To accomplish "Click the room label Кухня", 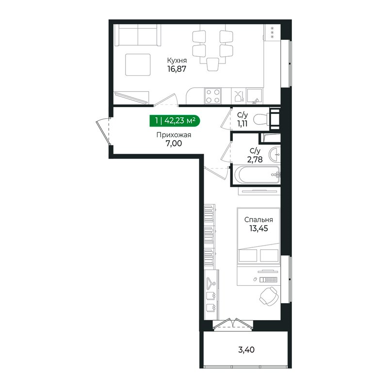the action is [177, 60].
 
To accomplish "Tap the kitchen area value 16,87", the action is [177, 69].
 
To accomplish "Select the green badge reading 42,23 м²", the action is [175, 121].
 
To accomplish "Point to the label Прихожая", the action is [174, 135].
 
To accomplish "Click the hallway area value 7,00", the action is [174, 143].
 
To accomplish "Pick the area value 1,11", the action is [242, 124].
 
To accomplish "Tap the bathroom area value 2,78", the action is [255, 160].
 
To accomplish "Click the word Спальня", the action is [259, 220].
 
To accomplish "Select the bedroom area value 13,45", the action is [259, 228].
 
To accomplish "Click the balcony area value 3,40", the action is [246, 350].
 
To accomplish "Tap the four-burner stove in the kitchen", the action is [213, 96].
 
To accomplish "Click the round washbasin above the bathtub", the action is [274, 155].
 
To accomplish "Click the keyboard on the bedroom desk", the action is [268, 280].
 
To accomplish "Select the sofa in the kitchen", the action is [138, 35].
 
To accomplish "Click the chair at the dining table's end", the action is [212, 65].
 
